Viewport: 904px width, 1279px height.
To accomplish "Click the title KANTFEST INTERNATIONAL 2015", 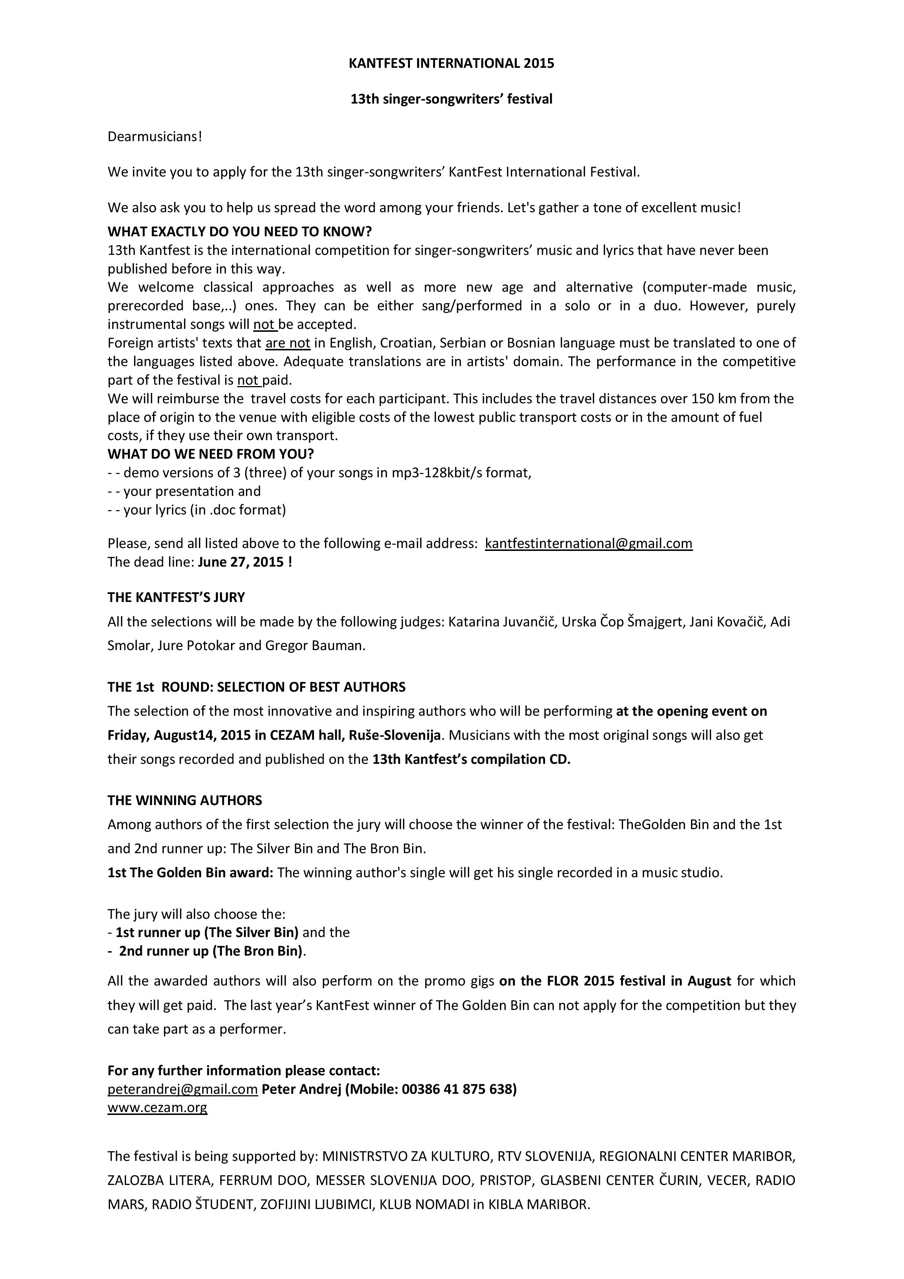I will [451, 63].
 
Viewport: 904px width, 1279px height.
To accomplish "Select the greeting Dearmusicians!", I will [155, 136].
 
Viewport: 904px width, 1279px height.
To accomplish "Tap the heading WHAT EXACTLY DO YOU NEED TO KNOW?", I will [239, 231].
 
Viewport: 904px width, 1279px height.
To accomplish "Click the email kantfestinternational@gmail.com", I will [588, 543].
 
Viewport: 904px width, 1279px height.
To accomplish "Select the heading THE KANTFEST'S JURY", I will [176, 597].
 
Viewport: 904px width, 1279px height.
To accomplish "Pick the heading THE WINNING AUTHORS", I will [184, 801].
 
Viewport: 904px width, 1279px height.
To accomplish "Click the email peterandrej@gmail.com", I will [182, 1089].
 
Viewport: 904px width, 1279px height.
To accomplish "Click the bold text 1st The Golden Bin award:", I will [190, 872].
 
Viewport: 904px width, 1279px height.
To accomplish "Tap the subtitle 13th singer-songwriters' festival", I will [451, 99].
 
